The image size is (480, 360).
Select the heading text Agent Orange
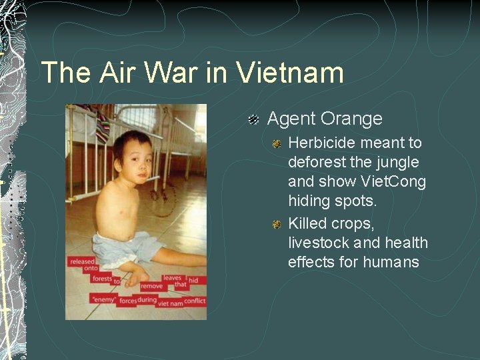325,119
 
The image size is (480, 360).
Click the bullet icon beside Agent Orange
254,120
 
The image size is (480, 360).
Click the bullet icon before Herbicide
277,144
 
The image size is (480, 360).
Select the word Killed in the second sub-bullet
307,224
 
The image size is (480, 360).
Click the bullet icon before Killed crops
277,225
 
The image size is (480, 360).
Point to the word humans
391,263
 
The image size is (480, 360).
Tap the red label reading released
83,261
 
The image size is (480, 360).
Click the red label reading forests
102,279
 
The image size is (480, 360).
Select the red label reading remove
151,286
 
